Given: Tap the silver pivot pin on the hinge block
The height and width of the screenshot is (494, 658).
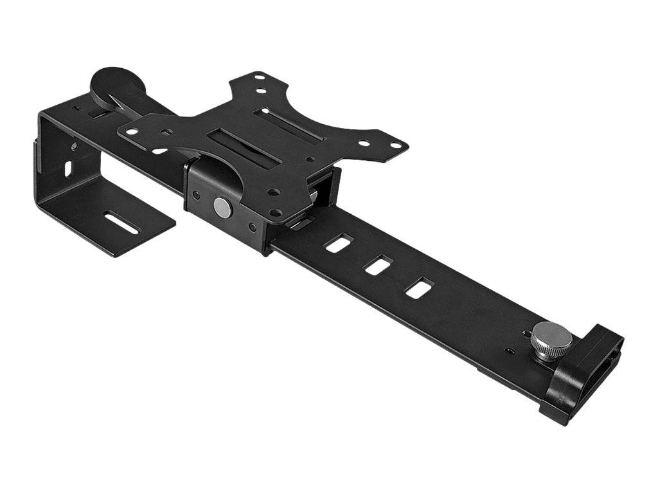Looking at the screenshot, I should (222, 207).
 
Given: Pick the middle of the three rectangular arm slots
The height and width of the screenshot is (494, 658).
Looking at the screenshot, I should (378, 264).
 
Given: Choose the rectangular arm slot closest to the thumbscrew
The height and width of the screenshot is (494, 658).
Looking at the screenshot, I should (418, 287).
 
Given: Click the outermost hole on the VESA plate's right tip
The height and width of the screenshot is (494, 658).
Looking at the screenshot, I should (394, 143).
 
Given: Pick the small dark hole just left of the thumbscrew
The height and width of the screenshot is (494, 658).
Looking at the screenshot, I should (510, 351).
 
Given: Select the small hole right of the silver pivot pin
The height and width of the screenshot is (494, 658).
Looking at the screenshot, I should (251, 227).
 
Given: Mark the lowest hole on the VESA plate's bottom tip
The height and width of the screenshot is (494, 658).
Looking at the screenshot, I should (275, 213).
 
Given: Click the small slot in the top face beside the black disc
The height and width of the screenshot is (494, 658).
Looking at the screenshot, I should (96, 113).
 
